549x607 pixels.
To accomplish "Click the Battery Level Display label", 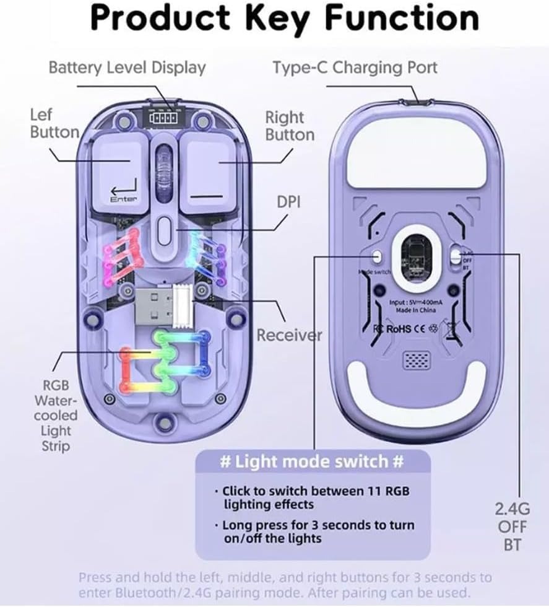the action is point(127,67).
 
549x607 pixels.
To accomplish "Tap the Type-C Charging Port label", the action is point(355,67).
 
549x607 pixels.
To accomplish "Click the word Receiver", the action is point(289,335).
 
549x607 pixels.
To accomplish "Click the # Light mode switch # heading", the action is point(313,462).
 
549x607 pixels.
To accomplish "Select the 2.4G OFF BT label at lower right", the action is point(512,527).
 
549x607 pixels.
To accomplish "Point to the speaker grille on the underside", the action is point(416,360).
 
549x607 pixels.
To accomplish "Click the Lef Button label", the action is point(53,123).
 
